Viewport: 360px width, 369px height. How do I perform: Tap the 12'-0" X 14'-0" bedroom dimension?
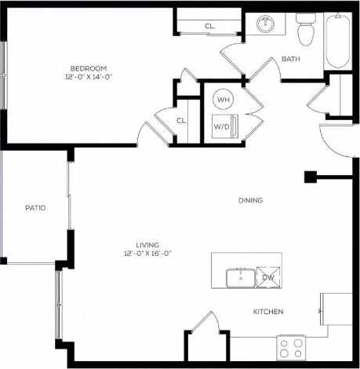[x=89, y=78]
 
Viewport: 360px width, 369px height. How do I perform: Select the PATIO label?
[x=35, y=208]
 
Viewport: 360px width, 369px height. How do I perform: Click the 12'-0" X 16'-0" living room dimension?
[x=147, y=254]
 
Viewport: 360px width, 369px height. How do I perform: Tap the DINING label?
[x=250, y=200]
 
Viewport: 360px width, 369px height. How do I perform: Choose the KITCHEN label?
[x=267, y=312]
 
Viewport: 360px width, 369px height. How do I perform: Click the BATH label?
[x=291, y=59]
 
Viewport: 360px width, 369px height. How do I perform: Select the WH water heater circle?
[x=224, y=100]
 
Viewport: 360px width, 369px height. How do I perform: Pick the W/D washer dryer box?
[x=223, y=126]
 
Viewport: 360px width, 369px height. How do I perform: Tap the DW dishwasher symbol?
[x=267, y=277]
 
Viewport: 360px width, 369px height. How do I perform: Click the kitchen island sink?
[x=239, y=277]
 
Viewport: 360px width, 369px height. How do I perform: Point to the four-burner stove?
[x=291, y=346]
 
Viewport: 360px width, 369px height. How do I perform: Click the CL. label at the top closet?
[x=209, y=26]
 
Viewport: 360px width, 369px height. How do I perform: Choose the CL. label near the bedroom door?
[x=181, y=120]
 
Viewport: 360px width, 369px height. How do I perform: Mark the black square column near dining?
[x=310, y=177]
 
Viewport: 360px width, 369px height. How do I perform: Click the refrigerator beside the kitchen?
[x=336, y=307]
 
